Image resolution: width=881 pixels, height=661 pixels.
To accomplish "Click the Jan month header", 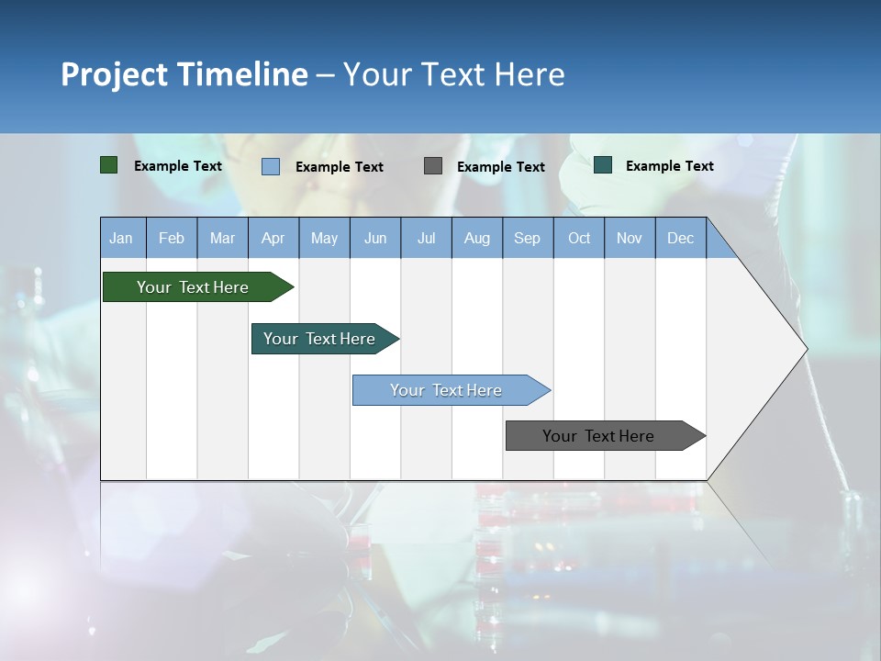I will (122, 238).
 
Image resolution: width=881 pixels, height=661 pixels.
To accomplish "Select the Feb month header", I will (172, 238).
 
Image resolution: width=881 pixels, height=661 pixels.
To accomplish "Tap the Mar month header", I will (222, 238).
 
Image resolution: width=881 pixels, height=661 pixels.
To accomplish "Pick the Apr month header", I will (273, 238).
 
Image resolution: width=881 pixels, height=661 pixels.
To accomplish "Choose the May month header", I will (324, 238).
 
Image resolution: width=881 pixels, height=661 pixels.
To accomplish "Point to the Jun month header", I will (375, 238).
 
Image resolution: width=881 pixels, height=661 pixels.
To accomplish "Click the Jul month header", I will (426, 238).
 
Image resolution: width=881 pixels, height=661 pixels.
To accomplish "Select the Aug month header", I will (477, 238).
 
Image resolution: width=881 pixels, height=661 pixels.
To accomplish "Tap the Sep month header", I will (528, 238).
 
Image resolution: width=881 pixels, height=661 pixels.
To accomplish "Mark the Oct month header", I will (579, 238).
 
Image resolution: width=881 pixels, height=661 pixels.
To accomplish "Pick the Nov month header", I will (630, 238).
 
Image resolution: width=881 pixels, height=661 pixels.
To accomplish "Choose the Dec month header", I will (681, 238).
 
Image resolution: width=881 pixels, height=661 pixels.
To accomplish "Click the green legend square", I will (109, 165).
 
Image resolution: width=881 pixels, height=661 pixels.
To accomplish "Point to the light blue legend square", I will (271, 166).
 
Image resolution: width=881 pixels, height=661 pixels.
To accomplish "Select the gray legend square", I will (433, 165).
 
